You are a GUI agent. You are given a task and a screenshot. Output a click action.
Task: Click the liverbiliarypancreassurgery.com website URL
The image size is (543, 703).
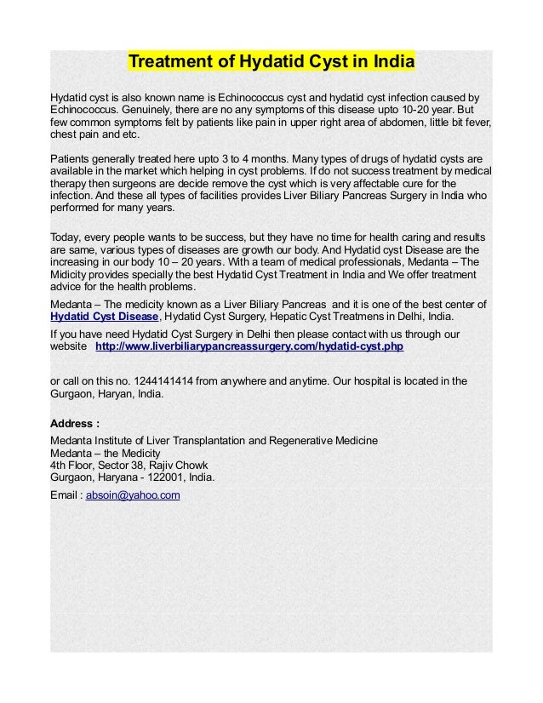click(249, 347)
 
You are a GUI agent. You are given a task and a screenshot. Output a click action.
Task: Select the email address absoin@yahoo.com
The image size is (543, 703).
click(134, 494)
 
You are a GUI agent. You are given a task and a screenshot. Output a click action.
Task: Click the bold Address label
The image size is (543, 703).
click(74, 423)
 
